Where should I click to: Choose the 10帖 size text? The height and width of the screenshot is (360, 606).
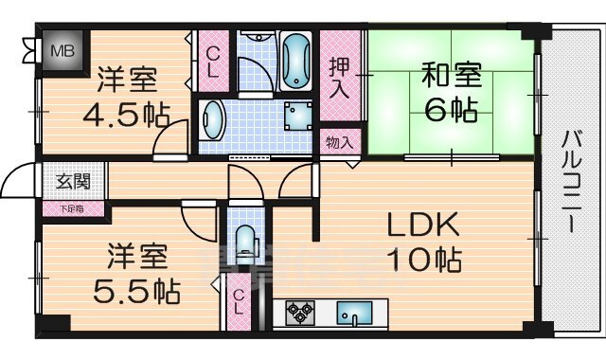tap(423, 259)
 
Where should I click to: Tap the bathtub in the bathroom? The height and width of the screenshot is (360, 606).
tap(295, 60)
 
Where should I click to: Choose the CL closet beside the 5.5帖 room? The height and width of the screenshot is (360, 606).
tap(241, 303)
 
